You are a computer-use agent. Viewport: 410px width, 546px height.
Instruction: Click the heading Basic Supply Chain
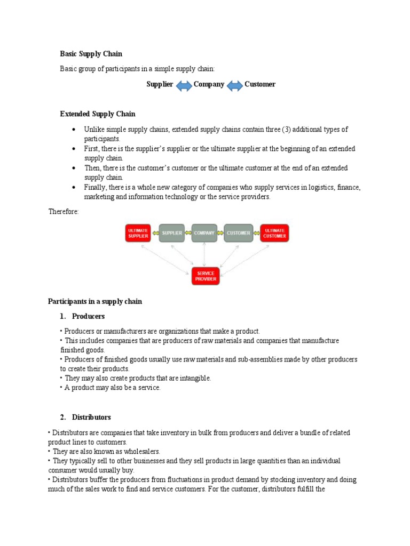(91, 54)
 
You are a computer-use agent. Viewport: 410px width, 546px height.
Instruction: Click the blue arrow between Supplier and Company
(184, 85)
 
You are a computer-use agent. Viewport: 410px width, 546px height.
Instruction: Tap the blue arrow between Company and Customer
(234, 85)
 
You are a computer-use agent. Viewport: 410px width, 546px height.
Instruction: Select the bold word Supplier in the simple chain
(160, 84)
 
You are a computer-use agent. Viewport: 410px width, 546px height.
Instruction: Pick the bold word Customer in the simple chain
(260, 84)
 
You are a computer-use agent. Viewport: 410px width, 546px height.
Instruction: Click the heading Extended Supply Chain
(97, 114)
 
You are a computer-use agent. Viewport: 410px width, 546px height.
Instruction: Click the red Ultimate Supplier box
(138, 233)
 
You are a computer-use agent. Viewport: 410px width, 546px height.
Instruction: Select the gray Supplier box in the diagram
(172, 233)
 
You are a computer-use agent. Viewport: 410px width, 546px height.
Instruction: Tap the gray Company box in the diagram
(204, 233)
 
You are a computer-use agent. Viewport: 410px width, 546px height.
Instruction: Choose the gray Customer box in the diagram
(238, 233)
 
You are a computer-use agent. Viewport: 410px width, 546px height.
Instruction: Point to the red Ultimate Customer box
(274, 233)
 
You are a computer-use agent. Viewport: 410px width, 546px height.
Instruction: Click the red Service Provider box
(206, 276)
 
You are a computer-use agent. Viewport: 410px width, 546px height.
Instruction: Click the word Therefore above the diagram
(64, 212)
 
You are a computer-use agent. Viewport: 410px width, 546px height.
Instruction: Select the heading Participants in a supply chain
(95, 302)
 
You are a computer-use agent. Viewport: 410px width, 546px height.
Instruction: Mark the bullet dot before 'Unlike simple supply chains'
(73, 130)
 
